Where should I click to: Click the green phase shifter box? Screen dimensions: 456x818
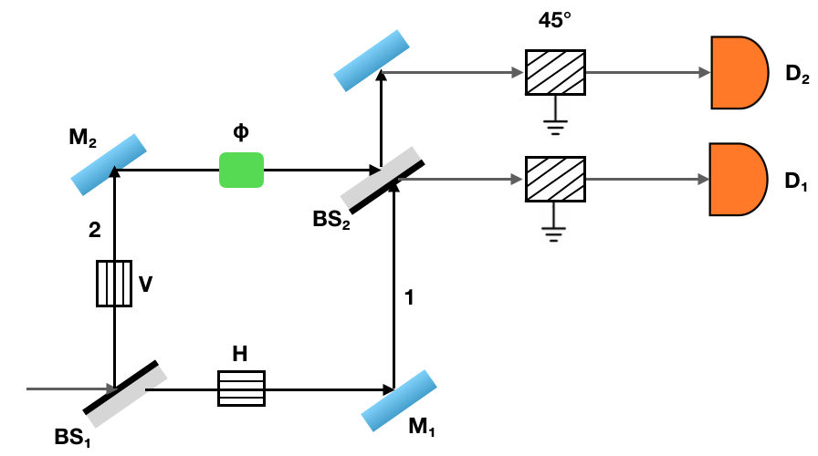[x=241, y=170]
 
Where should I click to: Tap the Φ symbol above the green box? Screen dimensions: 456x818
[x=241, y=132]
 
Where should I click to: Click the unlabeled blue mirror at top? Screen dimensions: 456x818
[x=370, y=61]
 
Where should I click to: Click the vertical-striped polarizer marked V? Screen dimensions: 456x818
[x=114, y=283]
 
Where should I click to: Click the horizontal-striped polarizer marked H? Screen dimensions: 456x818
[x=240, y=388]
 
